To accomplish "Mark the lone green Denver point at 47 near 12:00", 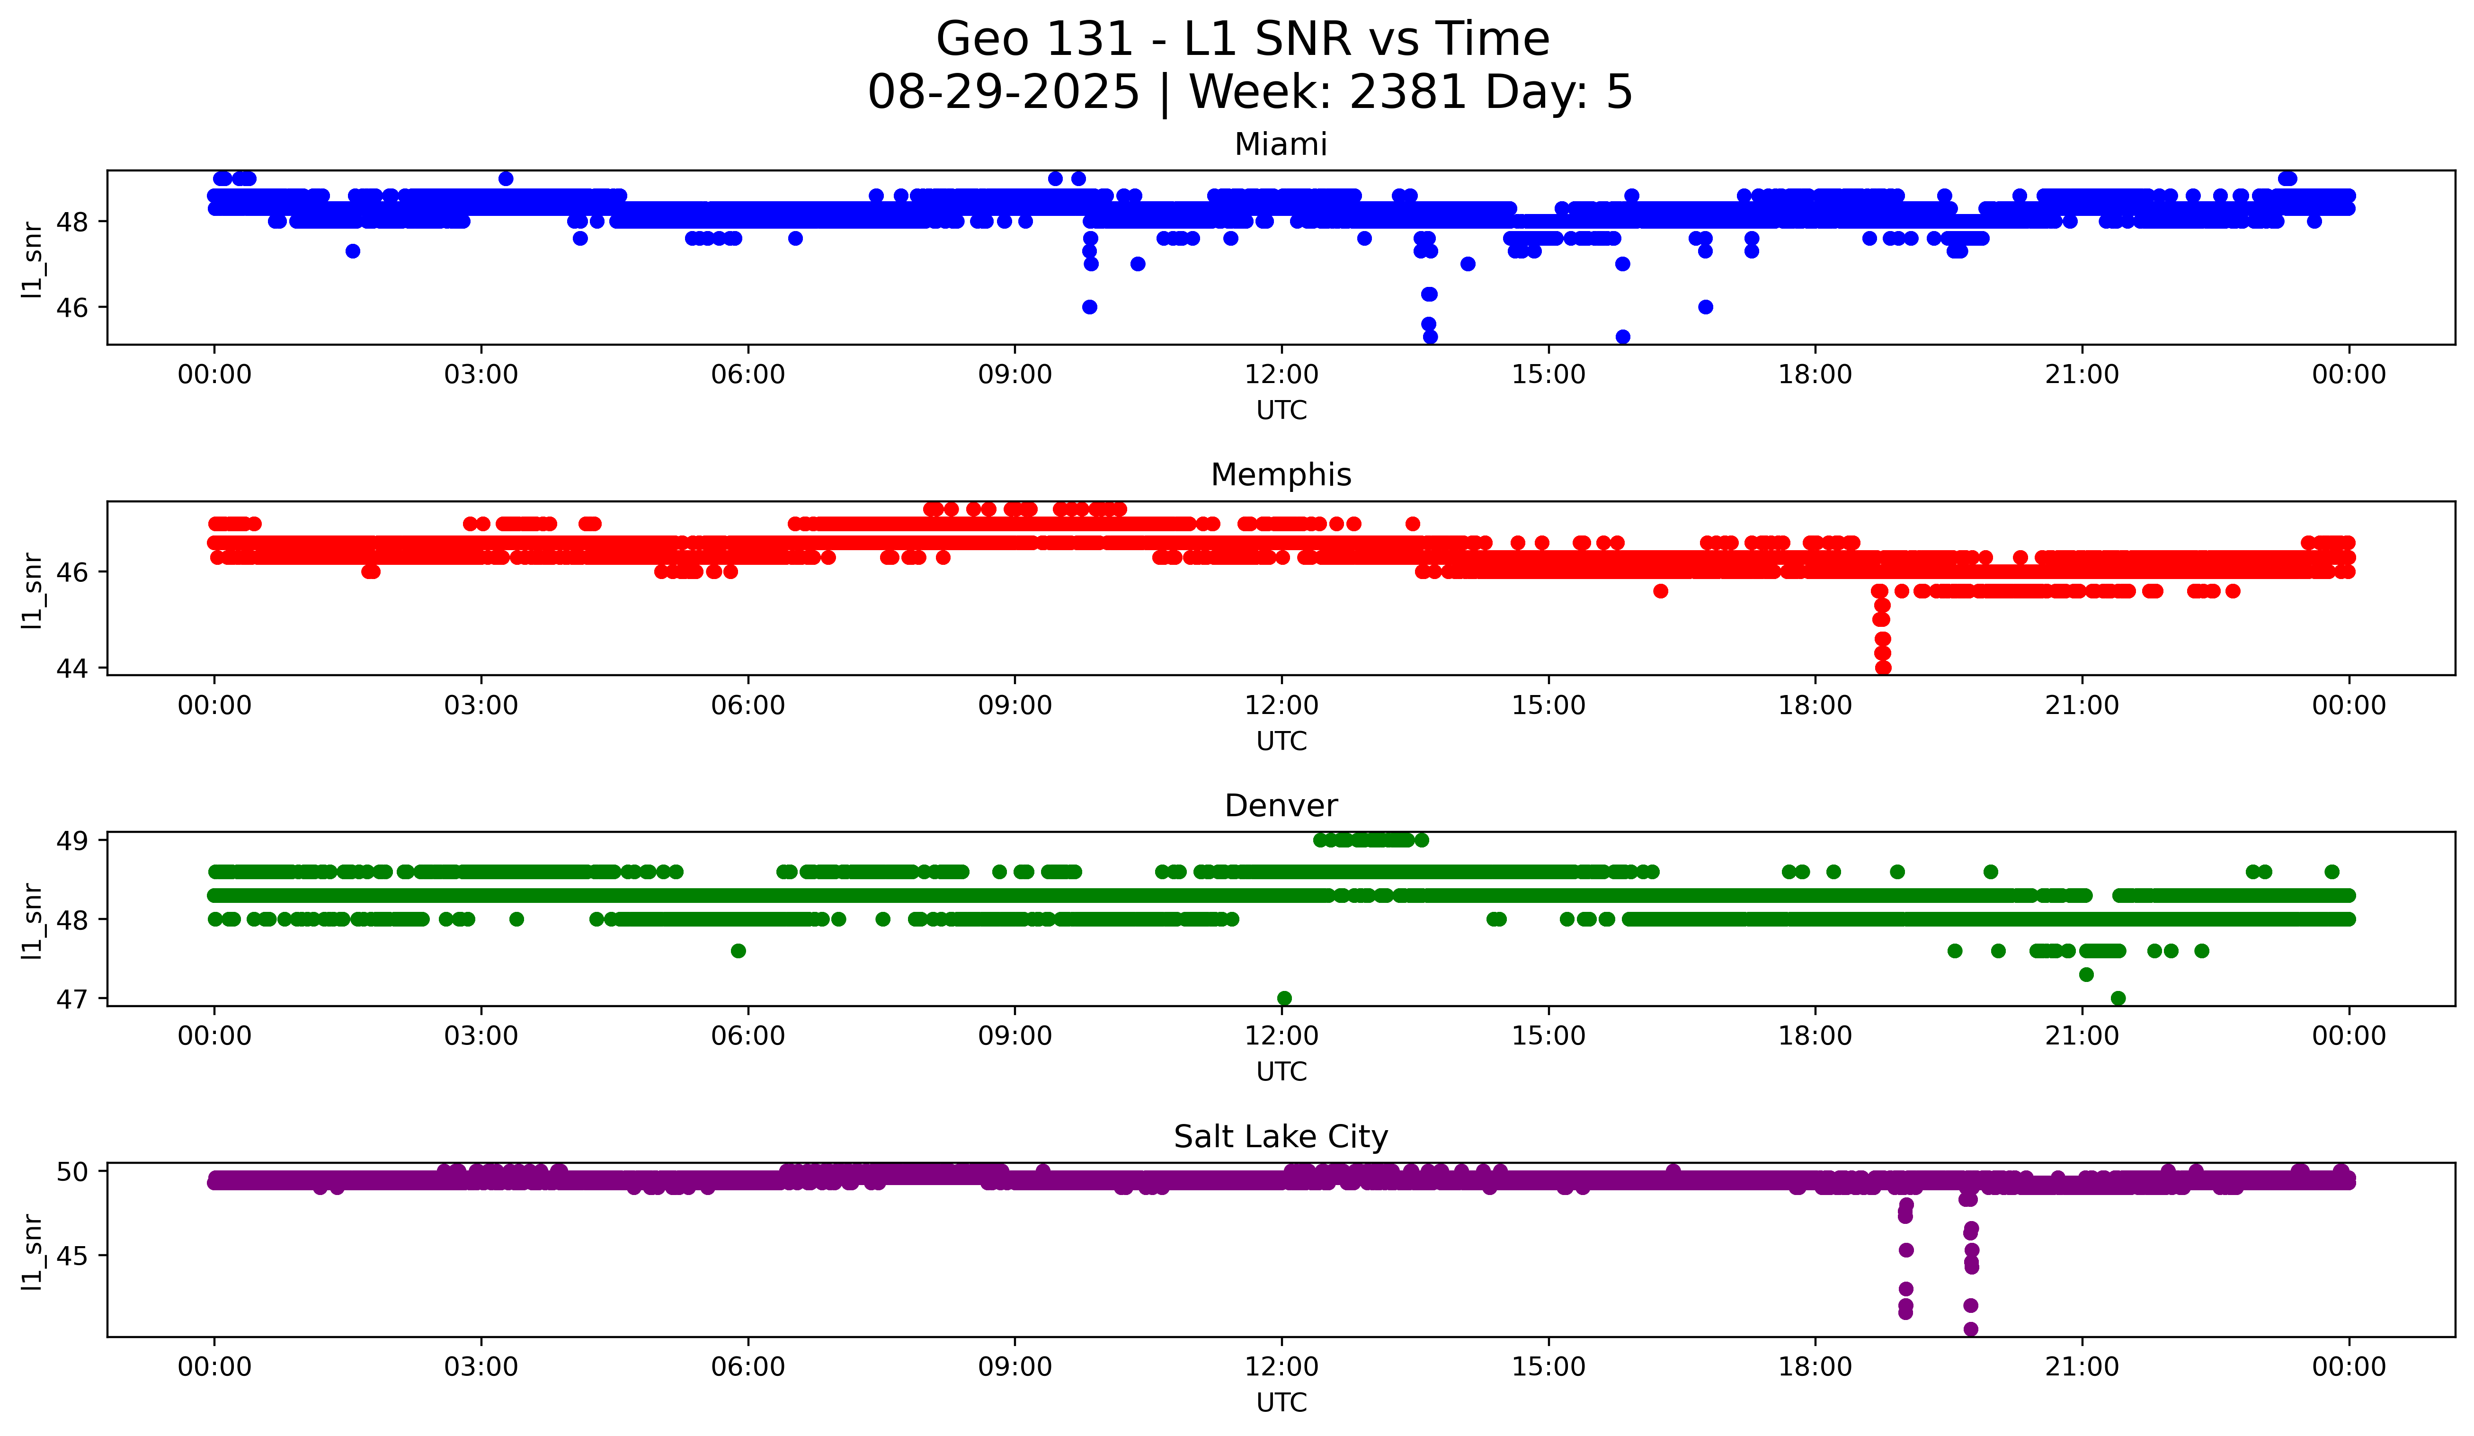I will point(1284,998).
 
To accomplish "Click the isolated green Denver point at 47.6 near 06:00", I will point(739,950).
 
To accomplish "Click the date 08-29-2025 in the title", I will point(1003,92).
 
